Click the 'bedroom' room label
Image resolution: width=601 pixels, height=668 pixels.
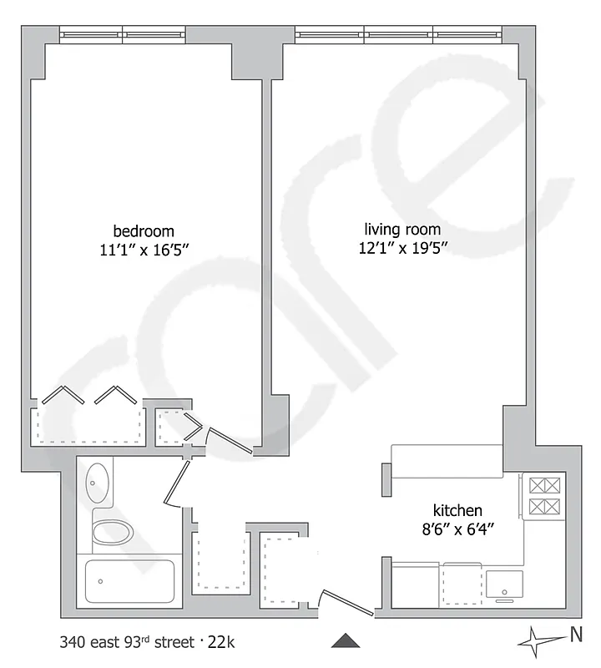[144, 231]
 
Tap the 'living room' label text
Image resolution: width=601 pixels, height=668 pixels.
[402, 230]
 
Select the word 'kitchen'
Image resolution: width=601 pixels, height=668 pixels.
[457, 511]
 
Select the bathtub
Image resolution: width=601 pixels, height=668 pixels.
[129, 581]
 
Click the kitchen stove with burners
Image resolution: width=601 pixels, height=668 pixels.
[543, 495]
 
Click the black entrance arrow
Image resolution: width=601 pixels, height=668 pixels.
[346, 640]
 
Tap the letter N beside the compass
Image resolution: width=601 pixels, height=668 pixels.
[575, 635]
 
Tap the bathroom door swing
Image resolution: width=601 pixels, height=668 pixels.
[176, 483]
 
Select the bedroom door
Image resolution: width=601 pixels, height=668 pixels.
[229, 443]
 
